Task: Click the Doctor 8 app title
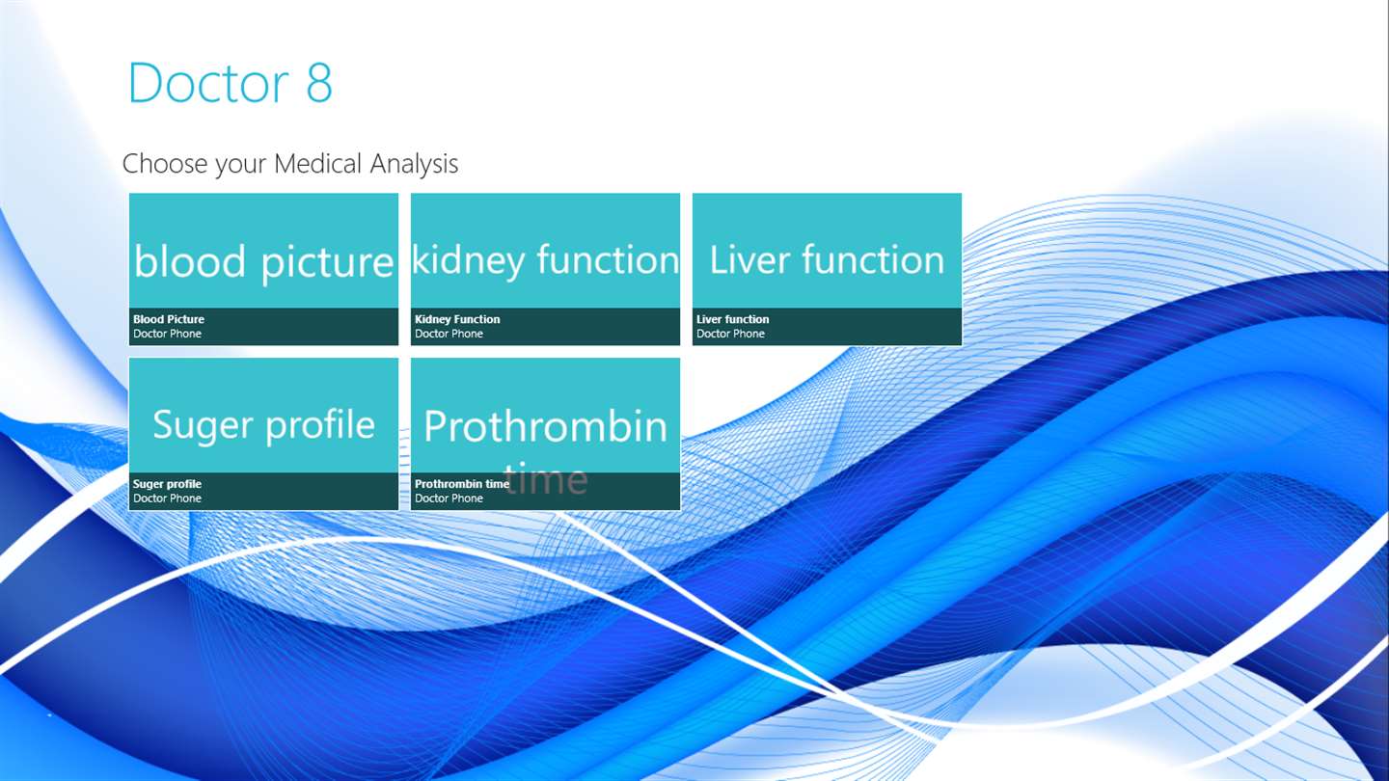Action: (x=230, y=83)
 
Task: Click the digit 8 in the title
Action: (x=319, y=83)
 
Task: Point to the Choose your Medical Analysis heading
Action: (x=290, y=164)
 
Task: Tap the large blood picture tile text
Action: (x=263, y=262)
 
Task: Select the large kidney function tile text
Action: (x=546, y=260)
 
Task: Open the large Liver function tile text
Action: (x=827, y=259)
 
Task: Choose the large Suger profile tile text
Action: (x=263, y=426)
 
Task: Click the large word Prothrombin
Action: (x=546, y=426)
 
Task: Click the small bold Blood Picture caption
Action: (x=169, y=319)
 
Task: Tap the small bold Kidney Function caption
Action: (x=457, y=319)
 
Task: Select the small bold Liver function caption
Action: (x=732, y=319)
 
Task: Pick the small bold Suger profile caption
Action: (x=168, y=484)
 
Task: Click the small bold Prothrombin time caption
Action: (x=462, y=484)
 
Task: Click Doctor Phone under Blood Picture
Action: (x=168, y=334)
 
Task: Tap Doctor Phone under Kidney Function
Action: (x=449, y=334)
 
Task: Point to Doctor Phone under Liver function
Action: (x=730, y=334)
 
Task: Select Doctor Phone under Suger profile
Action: (x=168, y=498)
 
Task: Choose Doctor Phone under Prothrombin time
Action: (x=449, y=498)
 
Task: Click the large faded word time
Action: (x=546, y=478)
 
